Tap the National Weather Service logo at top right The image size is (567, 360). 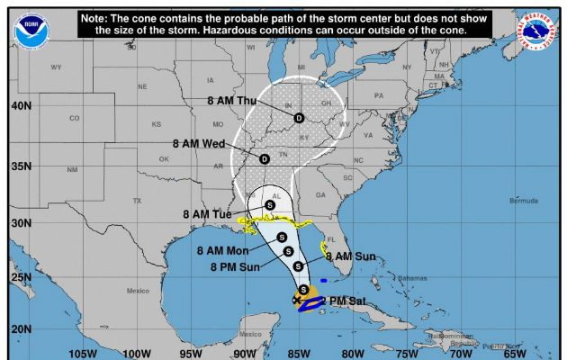[537, 31]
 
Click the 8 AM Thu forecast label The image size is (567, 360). [232, 101]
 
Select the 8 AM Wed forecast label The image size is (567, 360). [199, 143]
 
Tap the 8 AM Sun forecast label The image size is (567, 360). [352, 256]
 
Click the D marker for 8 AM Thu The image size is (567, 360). [299, 117]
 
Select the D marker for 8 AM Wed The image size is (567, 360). [264, 159]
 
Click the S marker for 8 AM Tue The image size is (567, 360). [269, 205]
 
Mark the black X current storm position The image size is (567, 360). [297, 300]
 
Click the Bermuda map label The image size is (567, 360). [522, 201]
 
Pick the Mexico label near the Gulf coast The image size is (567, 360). [137, 291]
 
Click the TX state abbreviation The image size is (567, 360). [137, 200]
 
